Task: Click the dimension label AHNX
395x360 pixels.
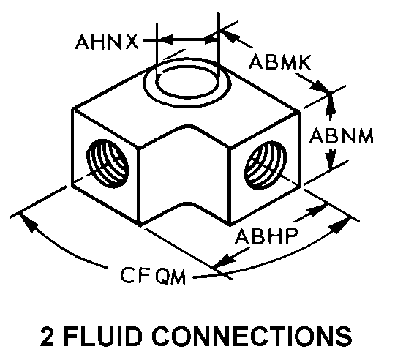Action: (x=107, y=42)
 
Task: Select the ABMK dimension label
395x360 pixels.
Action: (x=280, y=61)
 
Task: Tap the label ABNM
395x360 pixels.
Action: (x=342, y=135)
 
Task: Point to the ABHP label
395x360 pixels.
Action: (x=266, y=236)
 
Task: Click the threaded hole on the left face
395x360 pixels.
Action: (x=108, y=163)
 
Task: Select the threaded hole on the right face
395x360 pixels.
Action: (x=266, y=165)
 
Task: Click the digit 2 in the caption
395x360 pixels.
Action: (x=48, y=336)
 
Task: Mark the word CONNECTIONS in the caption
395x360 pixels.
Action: (x=252, y=336)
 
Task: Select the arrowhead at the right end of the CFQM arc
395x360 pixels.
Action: (x=342, y=225)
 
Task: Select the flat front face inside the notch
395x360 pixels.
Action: (x=184, y=166)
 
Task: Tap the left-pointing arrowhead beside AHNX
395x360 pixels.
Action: (x=167, y=40)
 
